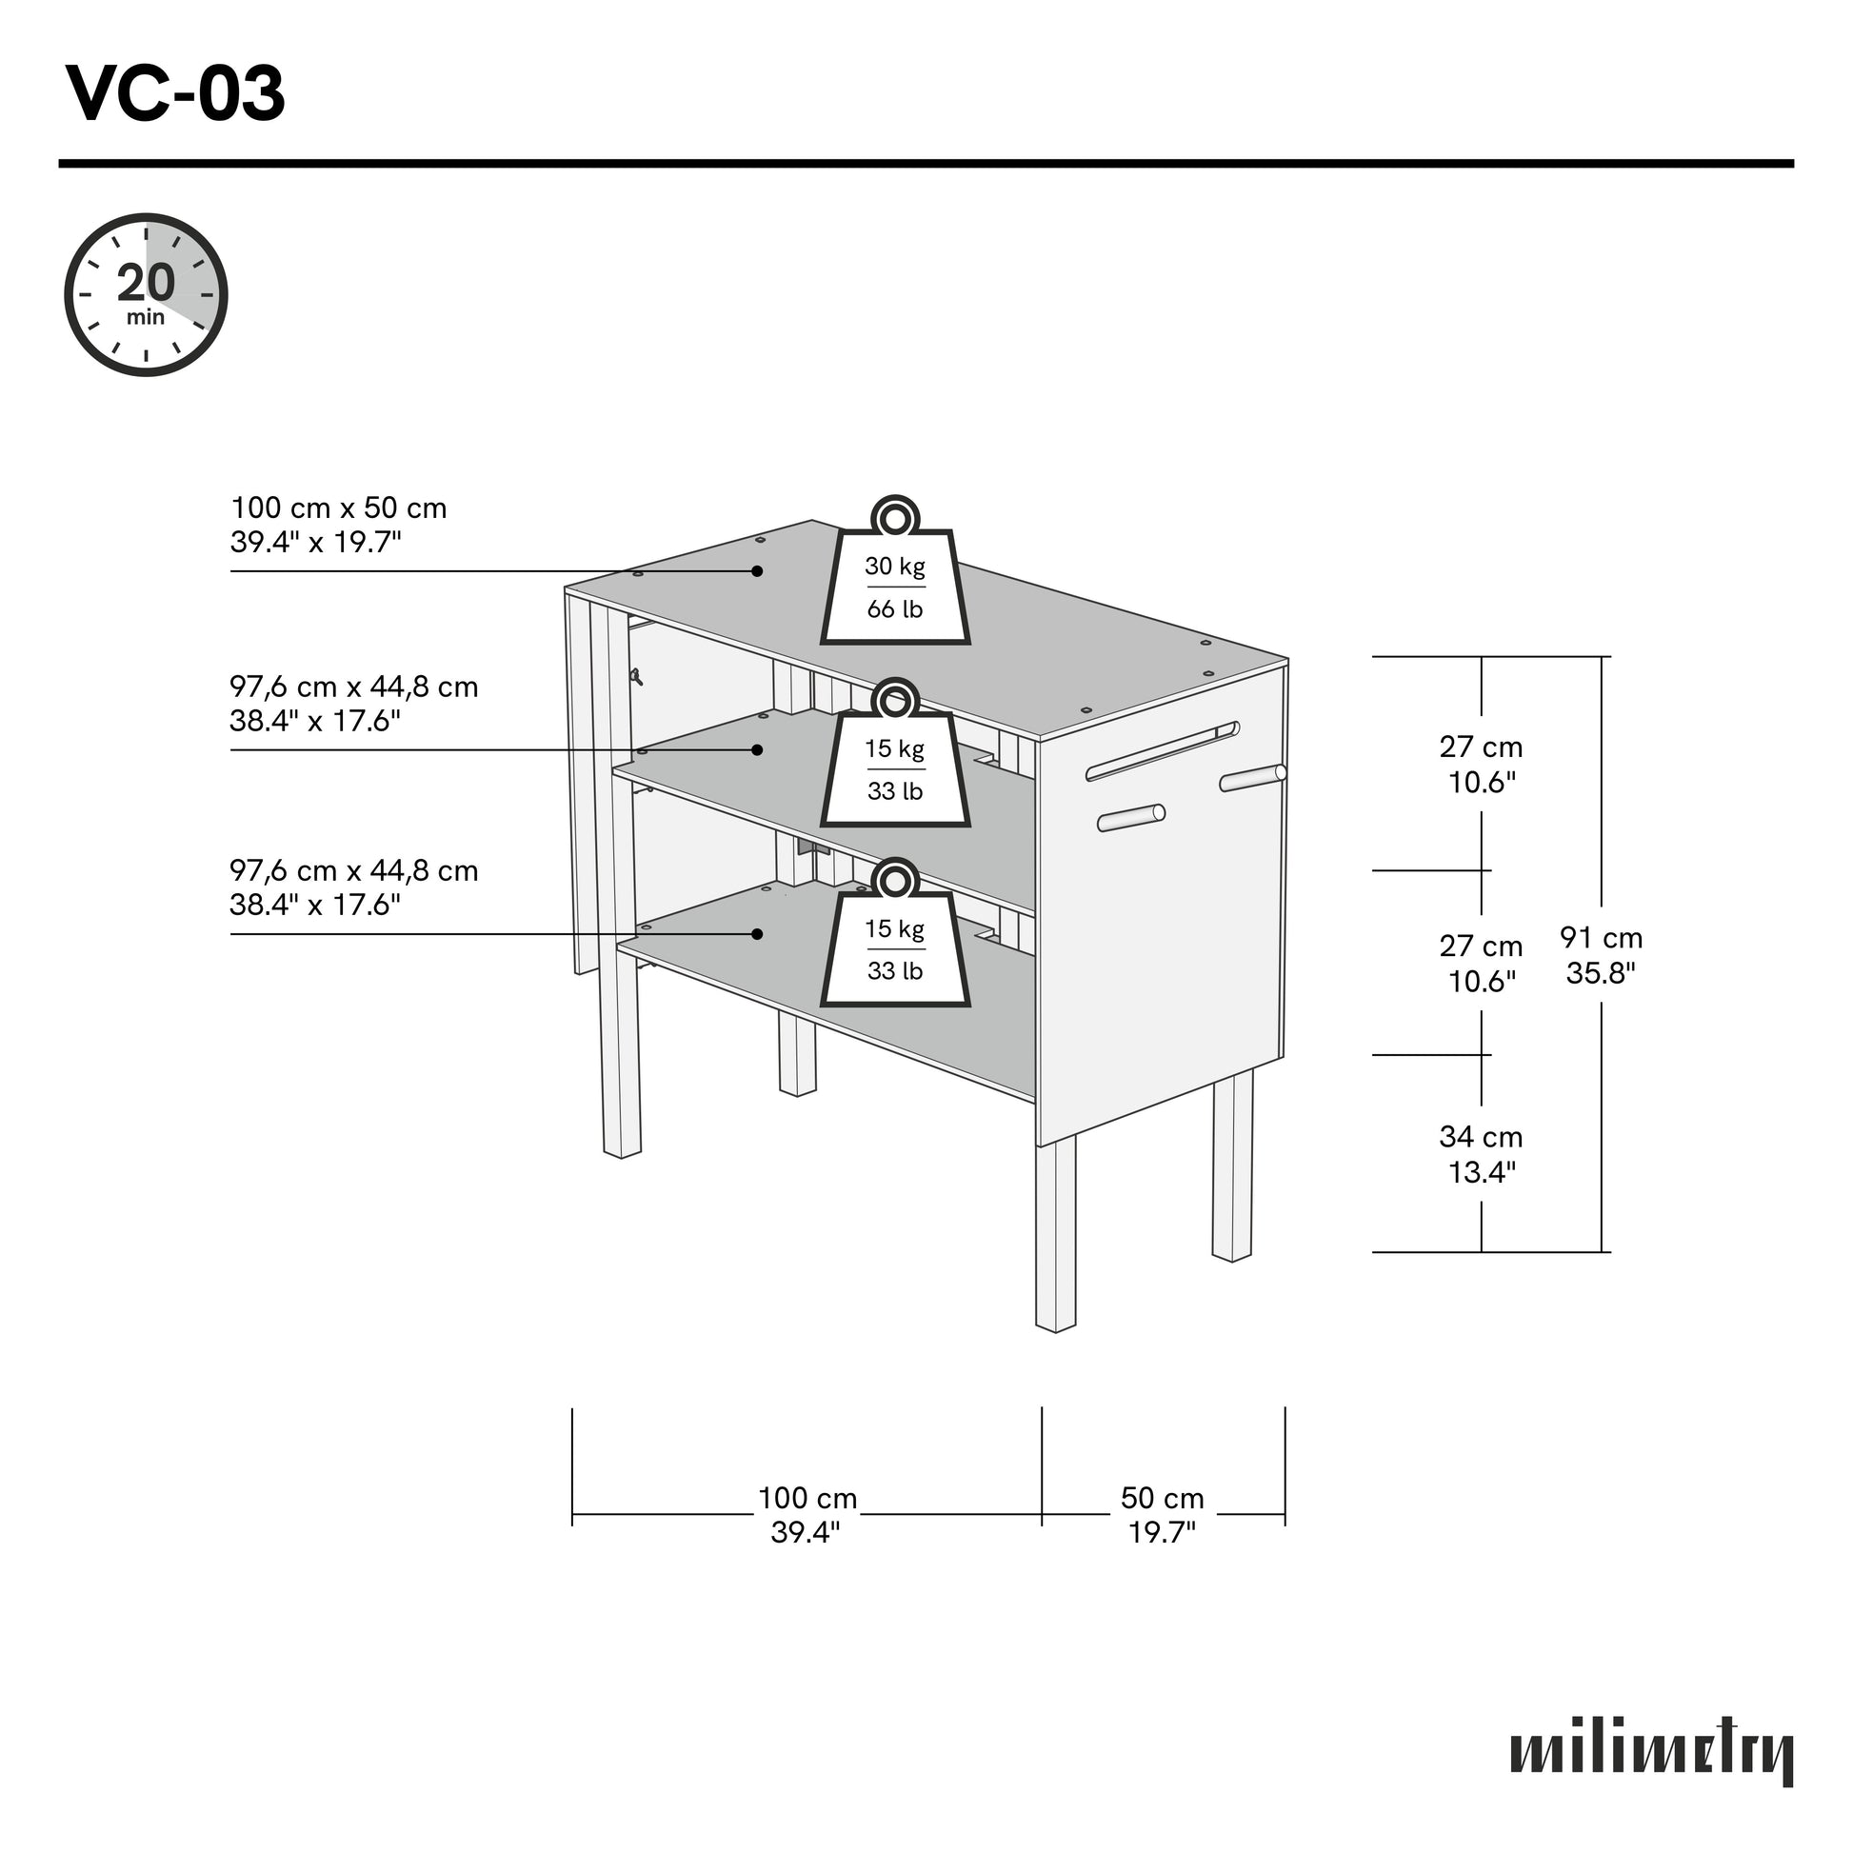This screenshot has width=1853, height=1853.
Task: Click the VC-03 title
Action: click(175, 94)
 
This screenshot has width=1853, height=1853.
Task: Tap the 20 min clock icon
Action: click(146, 294)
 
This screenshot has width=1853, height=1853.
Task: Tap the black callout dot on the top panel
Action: click(757, 570)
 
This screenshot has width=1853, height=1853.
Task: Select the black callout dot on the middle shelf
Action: click(757, 749)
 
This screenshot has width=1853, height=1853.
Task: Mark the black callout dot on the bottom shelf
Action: click(757, 933)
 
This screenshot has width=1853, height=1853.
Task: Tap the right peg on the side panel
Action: click(1252, 778)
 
